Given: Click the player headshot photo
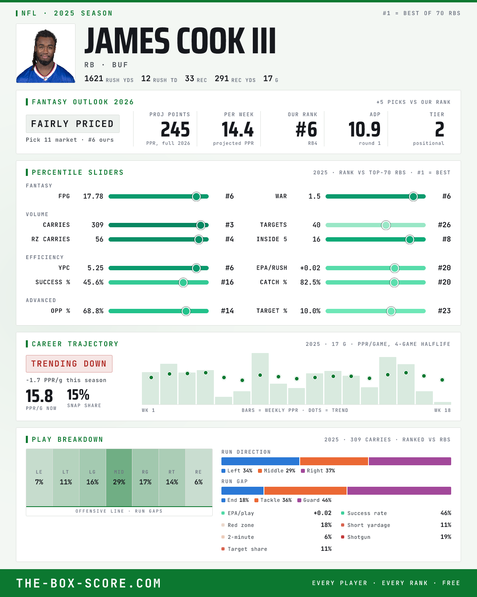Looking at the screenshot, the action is coord(46,53).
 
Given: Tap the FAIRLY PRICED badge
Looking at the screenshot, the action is coord(73,124).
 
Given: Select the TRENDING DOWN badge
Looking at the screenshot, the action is coord(69,363).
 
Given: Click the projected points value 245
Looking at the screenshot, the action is coord(175,130).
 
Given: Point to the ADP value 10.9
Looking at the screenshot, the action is coord(364,130).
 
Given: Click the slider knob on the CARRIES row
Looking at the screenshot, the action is coord(201,225).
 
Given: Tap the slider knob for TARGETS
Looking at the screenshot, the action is coord(386,225).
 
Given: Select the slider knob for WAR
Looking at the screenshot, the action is coord(413,196).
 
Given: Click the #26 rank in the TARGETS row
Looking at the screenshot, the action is coord(444,225).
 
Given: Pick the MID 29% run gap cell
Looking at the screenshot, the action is coord(119,478).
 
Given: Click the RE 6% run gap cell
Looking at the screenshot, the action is coord(198,478).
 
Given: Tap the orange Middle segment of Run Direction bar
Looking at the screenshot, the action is coord(334,461).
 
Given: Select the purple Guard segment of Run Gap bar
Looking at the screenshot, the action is coord(399,490).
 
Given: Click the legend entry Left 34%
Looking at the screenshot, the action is coord(237,470).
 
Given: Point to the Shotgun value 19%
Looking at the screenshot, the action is coord(446,537).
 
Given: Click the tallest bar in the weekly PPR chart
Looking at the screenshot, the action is coord(260,378).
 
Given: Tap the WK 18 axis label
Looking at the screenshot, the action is coord(442,410).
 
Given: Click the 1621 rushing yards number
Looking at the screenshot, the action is coord(94,78).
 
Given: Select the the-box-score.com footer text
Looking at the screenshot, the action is coord(89,583).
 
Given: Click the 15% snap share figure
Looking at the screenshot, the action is coord(78,394).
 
